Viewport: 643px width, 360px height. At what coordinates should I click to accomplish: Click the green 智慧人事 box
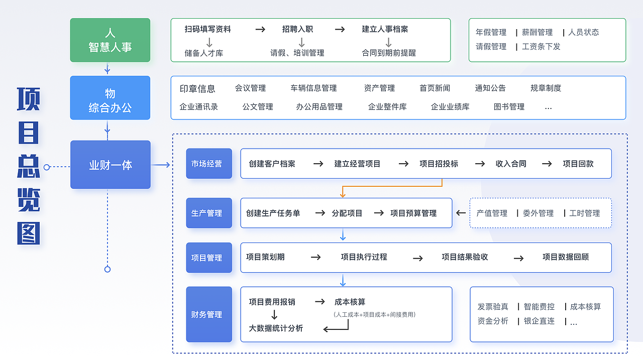pos(110,40)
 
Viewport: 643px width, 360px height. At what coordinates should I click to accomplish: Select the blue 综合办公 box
pos(110,98)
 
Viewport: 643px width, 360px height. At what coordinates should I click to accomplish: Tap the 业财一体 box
pos(110,165)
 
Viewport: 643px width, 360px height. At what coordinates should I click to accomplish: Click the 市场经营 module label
pos(208,164)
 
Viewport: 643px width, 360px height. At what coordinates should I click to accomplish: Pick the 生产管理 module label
pos(208,213)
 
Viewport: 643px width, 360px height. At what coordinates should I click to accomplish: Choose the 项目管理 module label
pos(208,258)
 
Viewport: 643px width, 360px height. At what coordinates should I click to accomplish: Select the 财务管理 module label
pos(208,314)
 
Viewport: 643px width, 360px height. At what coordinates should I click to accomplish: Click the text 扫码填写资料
pos(207,29)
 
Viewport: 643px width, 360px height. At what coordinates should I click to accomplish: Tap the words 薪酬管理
pos(537,32)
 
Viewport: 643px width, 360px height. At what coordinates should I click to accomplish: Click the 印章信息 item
pos(197,88)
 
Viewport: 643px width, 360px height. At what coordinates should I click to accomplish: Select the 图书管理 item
pos(509,106)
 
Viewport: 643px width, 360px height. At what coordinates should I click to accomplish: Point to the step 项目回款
pos(578,164)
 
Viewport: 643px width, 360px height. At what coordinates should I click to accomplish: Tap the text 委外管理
pos(538,213)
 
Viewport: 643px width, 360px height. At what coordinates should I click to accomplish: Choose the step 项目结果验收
pos(465,257)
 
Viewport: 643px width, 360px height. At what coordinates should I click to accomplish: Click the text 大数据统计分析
pos(276,328)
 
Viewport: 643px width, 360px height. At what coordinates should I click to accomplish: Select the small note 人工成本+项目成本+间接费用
pos(374,315)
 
